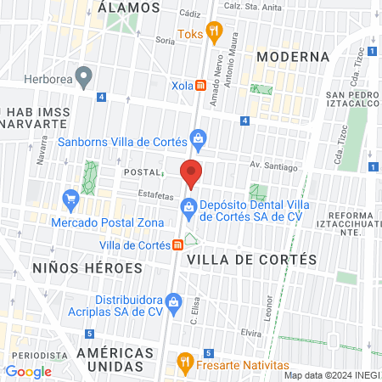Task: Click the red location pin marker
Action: (192, 172)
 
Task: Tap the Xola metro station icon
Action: (201, 85)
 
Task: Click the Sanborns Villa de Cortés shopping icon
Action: (198, 137)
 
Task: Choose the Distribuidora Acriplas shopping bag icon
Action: (173, 301)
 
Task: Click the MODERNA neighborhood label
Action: (292, 57)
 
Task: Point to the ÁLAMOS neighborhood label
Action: (129, 7)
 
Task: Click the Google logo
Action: (28, 371)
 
